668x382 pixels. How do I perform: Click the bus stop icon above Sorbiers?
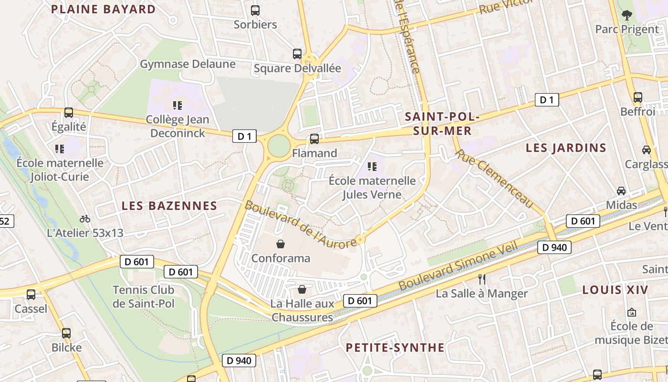[x=255, y=10]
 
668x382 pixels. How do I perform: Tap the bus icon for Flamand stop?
[x=314, y=139]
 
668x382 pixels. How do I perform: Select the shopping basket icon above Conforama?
[x=281, y=244]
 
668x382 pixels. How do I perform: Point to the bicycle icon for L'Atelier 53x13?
[x=85, y=219]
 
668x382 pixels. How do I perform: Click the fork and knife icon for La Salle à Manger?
[x=482, y=279]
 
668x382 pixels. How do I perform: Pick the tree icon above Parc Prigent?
[x=626, y=15]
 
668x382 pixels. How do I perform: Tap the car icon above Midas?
[x=621, y=191]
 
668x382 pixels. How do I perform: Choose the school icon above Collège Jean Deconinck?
[x=177, y=105]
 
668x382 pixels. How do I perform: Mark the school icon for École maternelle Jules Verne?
[x=372, y=167]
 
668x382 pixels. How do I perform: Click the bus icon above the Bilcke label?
[x=66, y=333]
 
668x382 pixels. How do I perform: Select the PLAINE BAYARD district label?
[x=103, y=9]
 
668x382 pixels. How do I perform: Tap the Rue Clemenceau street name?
[x=494, y=179]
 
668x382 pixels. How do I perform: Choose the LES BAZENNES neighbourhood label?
[x=169, y=206]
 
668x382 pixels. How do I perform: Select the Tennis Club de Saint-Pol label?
[x=143, y=297]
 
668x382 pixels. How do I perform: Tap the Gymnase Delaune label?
[x=188, y=64]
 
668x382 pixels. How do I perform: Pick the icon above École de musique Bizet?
[x=631, y=312]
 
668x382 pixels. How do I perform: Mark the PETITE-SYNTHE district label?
[x=395, y=347]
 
